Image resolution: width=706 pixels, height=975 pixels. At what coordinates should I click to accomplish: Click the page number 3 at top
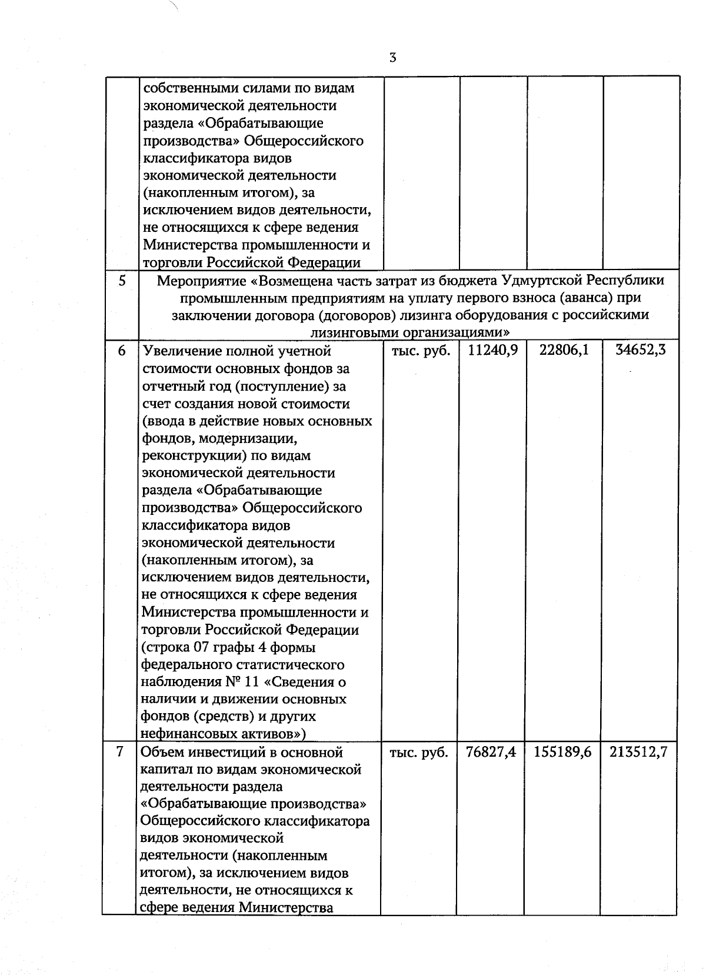(392, 58)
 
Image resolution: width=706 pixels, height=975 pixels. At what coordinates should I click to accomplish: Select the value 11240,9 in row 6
(492, 351)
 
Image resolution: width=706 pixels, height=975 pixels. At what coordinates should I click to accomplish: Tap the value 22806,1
(564, 351)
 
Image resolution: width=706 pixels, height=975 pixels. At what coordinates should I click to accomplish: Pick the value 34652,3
(640, 351)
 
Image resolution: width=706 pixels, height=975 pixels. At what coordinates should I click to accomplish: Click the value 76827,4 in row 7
(491, 752)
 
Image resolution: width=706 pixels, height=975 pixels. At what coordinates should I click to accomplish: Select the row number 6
(122, 351)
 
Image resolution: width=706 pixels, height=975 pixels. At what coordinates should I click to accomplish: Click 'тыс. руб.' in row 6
(420, 351)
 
